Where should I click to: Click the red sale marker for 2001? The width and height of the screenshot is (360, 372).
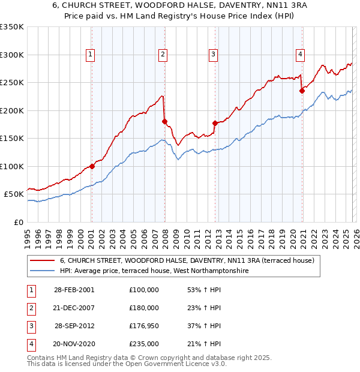pos(92,166)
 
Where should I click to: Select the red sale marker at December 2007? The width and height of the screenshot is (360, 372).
pos(164,122)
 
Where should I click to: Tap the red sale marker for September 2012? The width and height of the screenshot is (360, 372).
pos(215,123)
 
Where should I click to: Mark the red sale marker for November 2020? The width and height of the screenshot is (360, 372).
pos(302,91)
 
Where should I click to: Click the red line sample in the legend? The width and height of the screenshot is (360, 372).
pos(43,260)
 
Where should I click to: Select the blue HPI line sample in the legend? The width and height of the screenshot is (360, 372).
pos(43,271)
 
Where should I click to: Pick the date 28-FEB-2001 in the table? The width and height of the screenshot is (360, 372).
pos(74,290)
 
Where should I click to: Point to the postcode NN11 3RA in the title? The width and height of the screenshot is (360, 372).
pos(257,6)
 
